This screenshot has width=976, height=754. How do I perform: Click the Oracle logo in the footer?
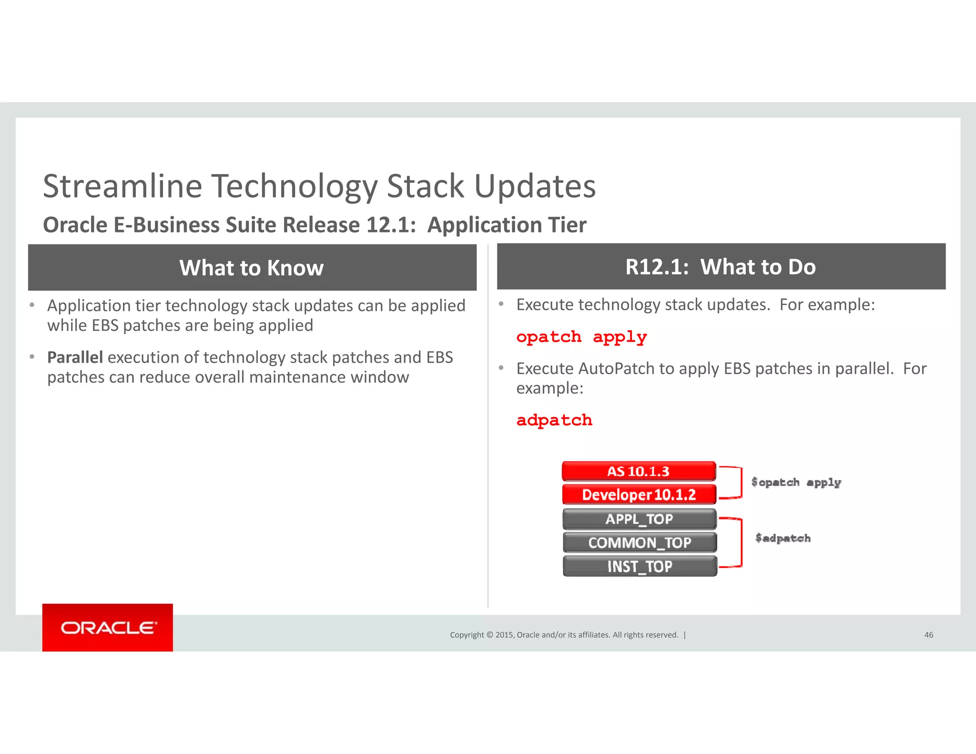point(108,628)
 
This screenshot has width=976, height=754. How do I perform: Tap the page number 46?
point(928,635)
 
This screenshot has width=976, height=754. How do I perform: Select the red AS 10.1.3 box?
point(639,471)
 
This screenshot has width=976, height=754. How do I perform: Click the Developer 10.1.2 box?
point(639,495)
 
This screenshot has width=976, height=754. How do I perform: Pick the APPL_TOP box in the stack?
point(639,519)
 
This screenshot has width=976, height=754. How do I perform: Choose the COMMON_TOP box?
point(639,543)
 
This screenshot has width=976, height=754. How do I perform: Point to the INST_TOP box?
point(639,566)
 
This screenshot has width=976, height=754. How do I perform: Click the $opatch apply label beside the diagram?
point(796,482)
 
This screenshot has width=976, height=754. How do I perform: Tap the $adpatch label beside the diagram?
point(783,538)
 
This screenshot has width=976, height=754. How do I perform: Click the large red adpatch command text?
point(554,420)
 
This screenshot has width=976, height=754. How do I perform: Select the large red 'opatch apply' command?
point(581,337)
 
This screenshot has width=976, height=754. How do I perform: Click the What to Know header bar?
point(252,267)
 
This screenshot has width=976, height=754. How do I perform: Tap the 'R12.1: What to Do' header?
point(721,266)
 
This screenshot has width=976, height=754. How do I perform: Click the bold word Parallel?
point(75,357)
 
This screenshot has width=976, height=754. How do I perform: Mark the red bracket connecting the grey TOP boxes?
point(741,542)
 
